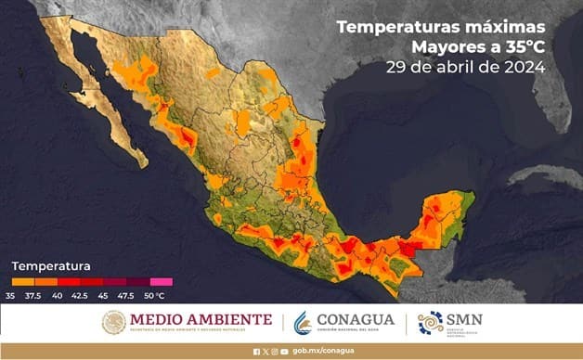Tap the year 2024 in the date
tap(522, 67)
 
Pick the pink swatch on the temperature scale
tap(162, 280)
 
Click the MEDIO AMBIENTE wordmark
tap(201, 321)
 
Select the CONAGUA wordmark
tap(356, 320)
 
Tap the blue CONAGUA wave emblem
tap(303, 323)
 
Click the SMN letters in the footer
tap(464, 321)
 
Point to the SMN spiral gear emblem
tap(431, 323)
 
